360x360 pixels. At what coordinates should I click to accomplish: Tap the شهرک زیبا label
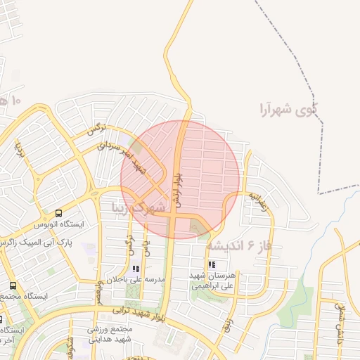tap(141, 208)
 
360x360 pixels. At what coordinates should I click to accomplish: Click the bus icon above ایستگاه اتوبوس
tap(58, 213)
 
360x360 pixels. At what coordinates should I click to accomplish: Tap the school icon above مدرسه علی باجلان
tap(136, 268)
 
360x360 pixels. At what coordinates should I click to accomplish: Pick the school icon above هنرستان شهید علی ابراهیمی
tap(211, 265)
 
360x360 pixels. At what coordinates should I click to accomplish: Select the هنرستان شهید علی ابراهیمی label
tap(211, 281)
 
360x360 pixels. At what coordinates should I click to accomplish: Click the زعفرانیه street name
tap(257, 201)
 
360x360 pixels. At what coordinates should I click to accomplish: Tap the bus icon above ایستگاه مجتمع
tap(13, 285)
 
